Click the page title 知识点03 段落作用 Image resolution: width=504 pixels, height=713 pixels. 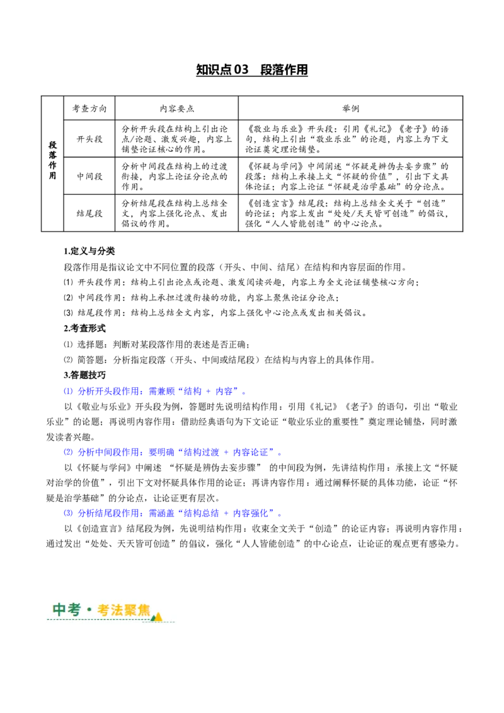(252, 69)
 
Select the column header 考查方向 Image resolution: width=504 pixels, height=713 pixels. (89, 108)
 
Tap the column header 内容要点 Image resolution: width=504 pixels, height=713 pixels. (176, 108)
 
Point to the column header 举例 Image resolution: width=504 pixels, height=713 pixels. (350, 108)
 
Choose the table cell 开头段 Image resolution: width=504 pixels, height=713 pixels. (89, 139)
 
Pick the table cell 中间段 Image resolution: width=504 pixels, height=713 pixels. (89, 176)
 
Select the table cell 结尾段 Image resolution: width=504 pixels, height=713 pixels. (89, 214)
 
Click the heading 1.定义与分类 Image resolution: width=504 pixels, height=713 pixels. (89, 251)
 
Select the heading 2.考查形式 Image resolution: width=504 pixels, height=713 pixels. (84, 328)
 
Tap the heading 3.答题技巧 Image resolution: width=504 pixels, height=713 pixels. (84, 375)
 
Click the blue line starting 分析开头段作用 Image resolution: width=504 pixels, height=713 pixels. (155, 391)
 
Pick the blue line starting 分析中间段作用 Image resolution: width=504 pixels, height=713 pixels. (173, 452)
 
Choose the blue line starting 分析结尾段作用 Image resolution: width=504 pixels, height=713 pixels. (173, 513)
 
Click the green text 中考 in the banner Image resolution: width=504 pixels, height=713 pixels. (67, 609)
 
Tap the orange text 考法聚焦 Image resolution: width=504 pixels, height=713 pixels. (123, 610)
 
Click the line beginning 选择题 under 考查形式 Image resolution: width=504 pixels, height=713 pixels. (157, 345)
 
